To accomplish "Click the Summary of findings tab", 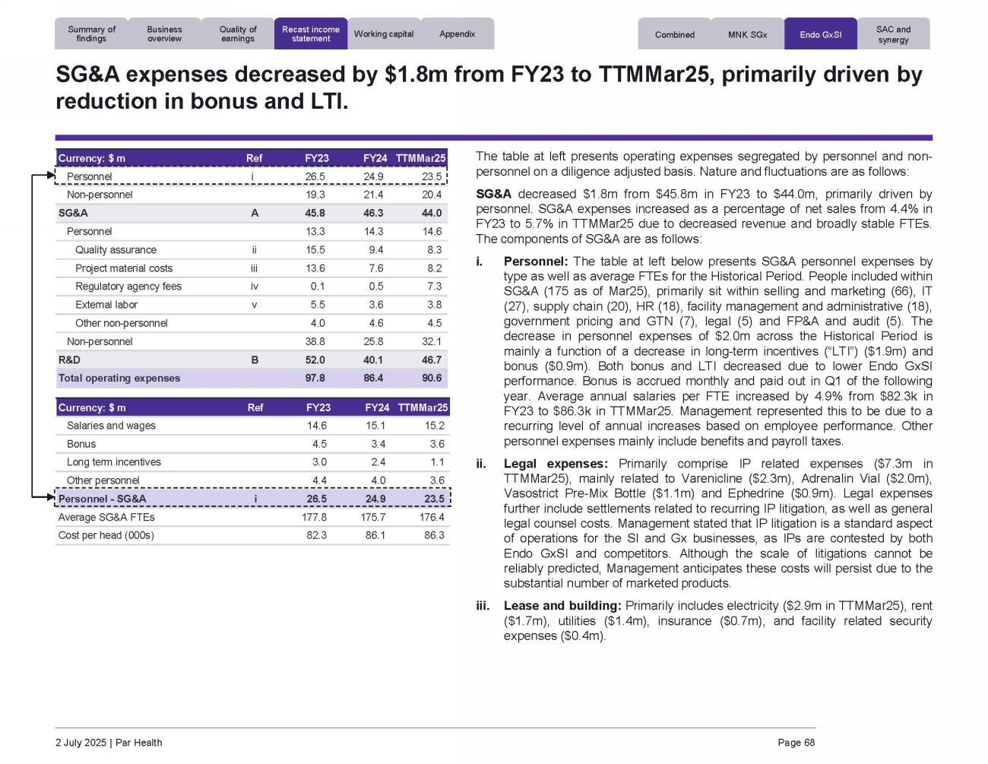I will coord(91,34).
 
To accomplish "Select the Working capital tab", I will coord(384,34).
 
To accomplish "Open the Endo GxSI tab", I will coord(820,35).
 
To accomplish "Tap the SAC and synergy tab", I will coord(893,34).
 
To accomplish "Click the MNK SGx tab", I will coord(747,35).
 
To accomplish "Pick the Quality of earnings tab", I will coord(238,34).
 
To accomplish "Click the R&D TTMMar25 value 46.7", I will coord(431,360).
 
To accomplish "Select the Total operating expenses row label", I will coord(119,379).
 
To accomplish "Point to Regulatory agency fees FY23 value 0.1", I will coord(317,287).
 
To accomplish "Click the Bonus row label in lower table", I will coord(81,444).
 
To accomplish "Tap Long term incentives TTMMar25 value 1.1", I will coord(437,462).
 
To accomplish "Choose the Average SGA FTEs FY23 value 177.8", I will coord(314,518).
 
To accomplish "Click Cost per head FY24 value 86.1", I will coord(375,536).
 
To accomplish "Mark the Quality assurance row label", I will coord(116,250).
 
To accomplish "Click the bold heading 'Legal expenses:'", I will coord(556,464).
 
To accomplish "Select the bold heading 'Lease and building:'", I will coord(562,606).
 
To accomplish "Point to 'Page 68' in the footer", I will coord(796,743).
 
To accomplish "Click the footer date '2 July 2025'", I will coord(81,743).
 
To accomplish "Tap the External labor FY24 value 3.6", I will coord(375,305).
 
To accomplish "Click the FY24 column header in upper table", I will coord(375,158).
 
